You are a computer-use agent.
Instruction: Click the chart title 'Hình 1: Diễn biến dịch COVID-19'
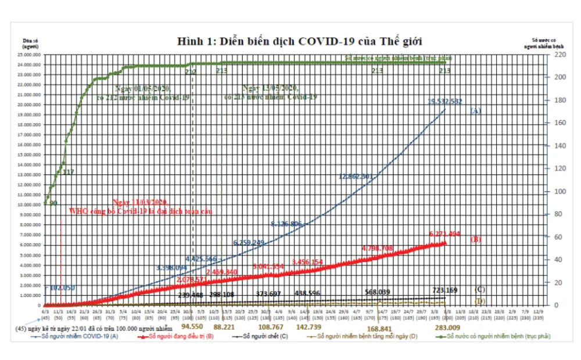pyautogui.click(x=299, y=41)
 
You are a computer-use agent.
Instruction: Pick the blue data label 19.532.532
pyautogui.click(x=444, y=101)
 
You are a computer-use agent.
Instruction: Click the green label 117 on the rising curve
pyautogui.click(x=68, y=172)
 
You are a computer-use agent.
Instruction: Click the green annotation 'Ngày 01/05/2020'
pyautogui.click(x=143, y=88)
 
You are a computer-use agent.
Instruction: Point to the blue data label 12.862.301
pyautogui.click(x=355, y=175)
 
